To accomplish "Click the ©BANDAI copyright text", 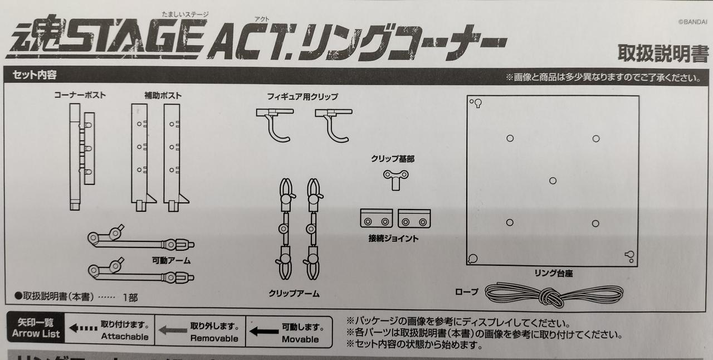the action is point(692,22).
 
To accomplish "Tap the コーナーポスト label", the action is point(80,95).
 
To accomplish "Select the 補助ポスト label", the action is point(163,95).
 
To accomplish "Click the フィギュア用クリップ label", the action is point(302,96).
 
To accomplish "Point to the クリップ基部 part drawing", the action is point(395,179).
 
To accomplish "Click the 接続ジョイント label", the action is point(393,239).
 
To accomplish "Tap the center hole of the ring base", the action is point(553,181).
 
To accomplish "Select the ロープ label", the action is point(467,291).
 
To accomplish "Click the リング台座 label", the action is point(554,273).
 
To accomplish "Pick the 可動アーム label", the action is point(171,260).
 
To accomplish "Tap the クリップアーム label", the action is point(294,293).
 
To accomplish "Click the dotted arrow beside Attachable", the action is point(84,328).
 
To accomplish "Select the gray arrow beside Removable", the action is point(173,330).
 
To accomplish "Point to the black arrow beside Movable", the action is point(264,332).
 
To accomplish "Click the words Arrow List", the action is point(36,334).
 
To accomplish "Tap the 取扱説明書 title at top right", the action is point(663,53).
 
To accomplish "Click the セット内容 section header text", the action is point(35,75).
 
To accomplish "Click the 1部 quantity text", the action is point(130,297).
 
